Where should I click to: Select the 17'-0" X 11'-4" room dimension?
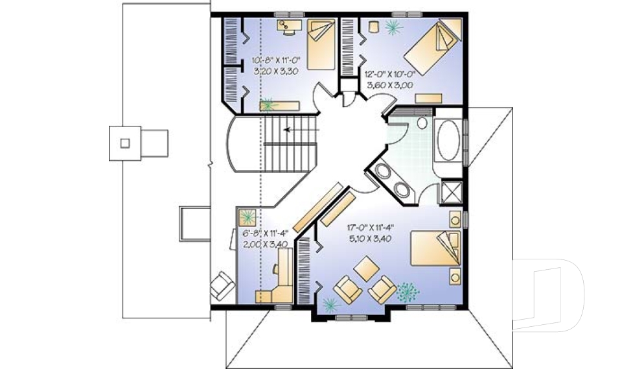tap(371, 227)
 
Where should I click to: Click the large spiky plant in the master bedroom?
tap(408, 291)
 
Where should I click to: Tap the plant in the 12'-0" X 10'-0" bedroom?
tap(392, 27)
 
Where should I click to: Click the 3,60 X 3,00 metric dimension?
tap(389, 84)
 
